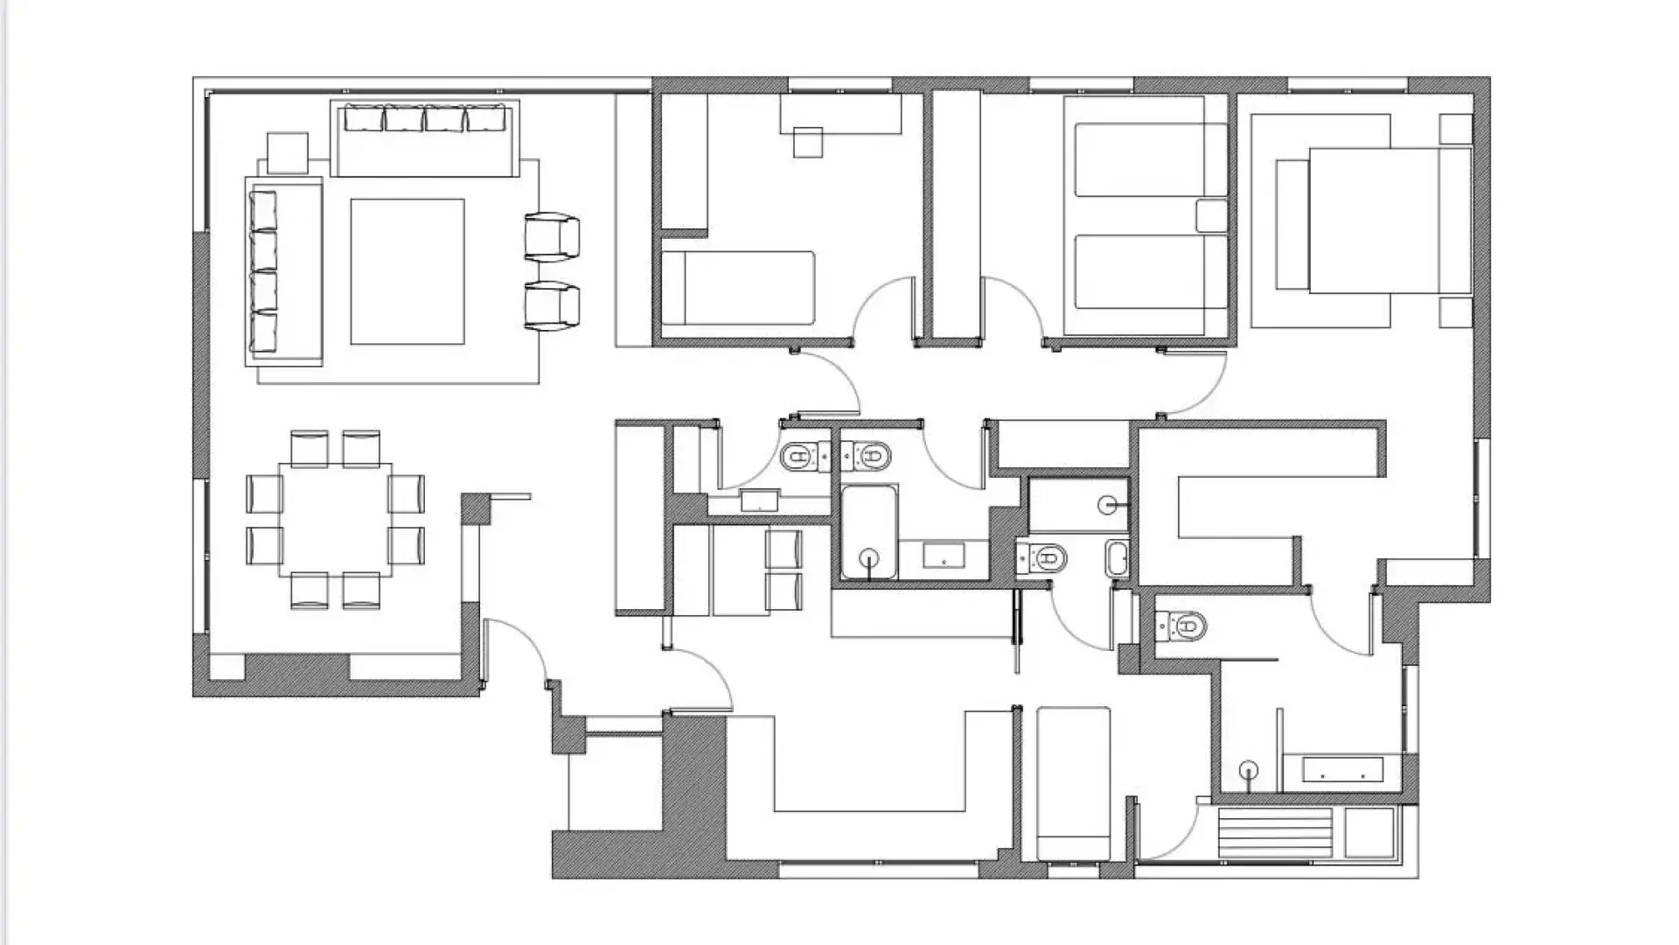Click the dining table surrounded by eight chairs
click(336, 520)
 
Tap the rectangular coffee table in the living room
click(408, 271)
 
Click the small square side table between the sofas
click(288, 153)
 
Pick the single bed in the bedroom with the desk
click(738, 289)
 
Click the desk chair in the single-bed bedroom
click(808, 142)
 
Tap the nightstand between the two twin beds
click(1211, 216)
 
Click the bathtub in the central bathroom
click(869, 532)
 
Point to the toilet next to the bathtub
click(867, 456)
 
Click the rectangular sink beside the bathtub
click(944, 555)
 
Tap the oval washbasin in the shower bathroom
click(1117, 558)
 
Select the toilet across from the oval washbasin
click(1042, 556)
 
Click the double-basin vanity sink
click(1342, 770)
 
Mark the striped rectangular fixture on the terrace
click(1275, 833)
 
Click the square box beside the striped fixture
click(1369, 832)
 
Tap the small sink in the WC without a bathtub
click(759, 500)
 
